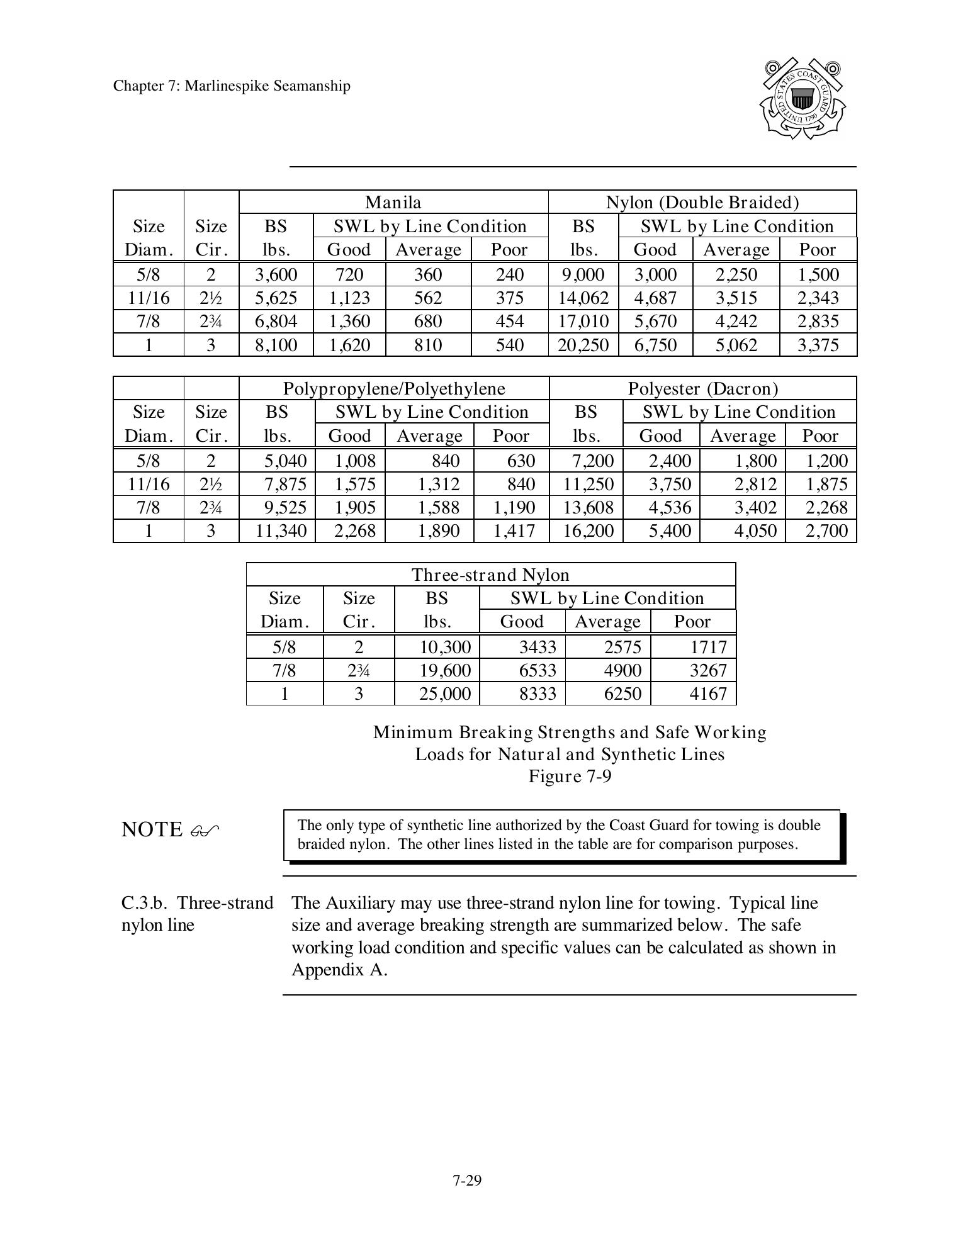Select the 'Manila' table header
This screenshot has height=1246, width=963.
(x=393, y=202)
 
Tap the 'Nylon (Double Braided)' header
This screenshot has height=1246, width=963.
(x=702, y=202)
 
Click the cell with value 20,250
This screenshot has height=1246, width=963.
(x=583, y=345)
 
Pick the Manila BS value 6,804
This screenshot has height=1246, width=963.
(x=276, y=322)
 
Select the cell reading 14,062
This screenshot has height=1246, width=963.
(x=583, y=298)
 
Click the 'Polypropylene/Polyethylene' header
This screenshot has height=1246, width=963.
(x=394, y=388)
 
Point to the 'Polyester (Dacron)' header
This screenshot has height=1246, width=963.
(x=702, y=388)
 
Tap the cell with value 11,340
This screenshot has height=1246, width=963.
(x=281, y=530)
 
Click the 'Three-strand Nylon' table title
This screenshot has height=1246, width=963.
(x=490, y=575)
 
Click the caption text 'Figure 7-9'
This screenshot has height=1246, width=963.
(x=570, y=776)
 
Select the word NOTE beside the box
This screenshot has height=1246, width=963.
(x=152, y=829)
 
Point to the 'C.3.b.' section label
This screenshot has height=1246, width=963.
(x=144, y=903)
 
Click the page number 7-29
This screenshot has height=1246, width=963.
(x=466, y=1181)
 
